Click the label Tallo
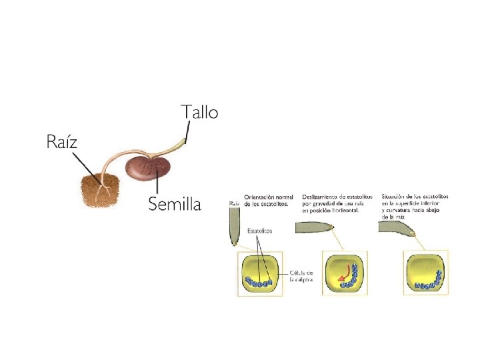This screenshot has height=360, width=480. [199, 112]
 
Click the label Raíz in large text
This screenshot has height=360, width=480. [62, 141]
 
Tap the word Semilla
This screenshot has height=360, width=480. [174, 203]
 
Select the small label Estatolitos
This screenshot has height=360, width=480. [259, 231]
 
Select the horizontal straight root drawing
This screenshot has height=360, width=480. [318, 227]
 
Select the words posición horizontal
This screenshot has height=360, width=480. [333, 211]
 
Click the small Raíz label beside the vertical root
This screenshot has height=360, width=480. [234, 203]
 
